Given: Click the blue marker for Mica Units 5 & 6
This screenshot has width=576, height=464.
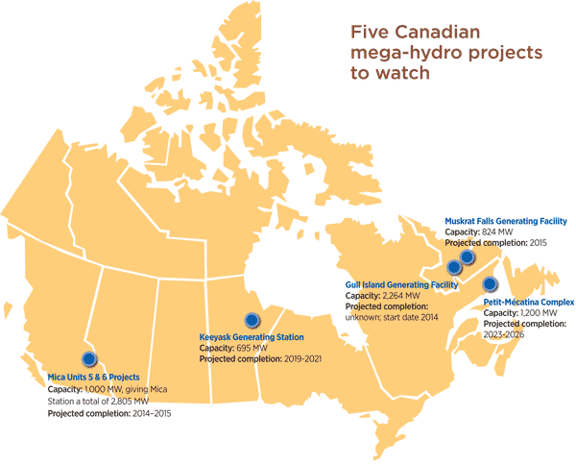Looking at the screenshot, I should (x=89, y=357).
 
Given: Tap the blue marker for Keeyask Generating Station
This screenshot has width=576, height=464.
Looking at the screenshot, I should (x=252, y=320).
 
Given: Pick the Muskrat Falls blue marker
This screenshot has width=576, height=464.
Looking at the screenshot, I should (x=467, y=256).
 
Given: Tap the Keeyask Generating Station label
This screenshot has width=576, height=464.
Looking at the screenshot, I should (x=252, y=337).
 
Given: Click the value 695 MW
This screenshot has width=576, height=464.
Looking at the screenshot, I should (x=252, y=348).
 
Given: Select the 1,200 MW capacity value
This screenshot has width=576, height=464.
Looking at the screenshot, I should (x=538, y=313).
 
